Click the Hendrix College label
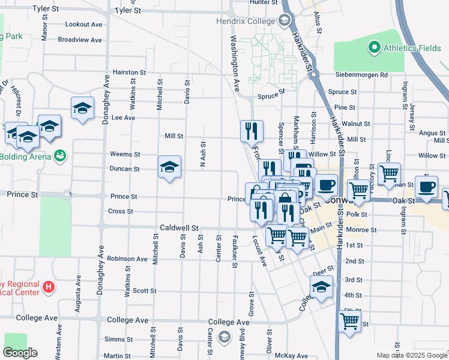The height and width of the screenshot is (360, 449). pos(246,20)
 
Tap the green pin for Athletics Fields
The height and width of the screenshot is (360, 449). pos(375,47)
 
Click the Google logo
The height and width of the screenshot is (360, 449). pos(20,353)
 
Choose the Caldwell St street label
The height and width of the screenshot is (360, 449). pos(179,228)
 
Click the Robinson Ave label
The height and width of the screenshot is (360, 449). pos(127,259)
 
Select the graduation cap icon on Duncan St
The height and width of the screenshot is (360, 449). pos(170,166)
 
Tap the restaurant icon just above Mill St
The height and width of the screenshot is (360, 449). pos(252,130)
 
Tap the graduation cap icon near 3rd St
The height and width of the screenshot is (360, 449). pos(321,287)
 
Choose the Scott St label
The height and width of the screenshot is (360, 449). pos(144,290)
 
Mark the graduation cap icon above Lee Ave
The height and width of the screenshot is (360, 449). pos(82,108)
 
